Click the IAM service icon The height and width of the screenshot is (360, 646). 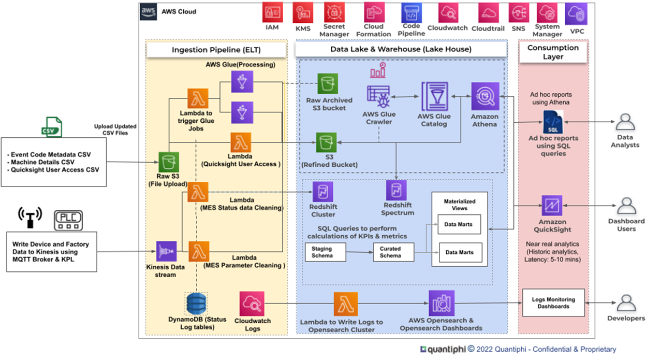(x=272, y=12)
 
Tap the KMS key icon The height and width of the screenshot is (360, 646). (x=303, y=12)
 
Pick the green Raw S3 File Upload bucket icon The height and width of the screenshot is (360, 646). (x=169, y=162)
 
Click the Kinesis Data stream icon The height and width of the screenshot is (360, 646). (x=166, y=251)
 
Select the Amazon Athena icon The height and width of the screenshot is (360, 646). (x=485, y=96)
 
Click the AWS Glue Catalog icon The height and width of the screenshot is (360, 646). (x=434, y=96)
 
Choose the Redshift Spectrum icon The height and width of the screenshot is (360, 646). (x=396, y=191)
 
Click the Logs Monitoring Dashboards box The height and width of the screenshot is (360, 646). (x=553, y=303)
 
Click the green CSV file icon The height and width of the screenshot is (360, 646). (x=51, y=127)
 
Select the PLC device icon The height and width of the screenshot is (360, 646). (x=69, y=219)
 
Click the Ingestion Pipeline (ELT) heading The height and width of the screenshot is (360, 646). (x=216, y=50)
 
